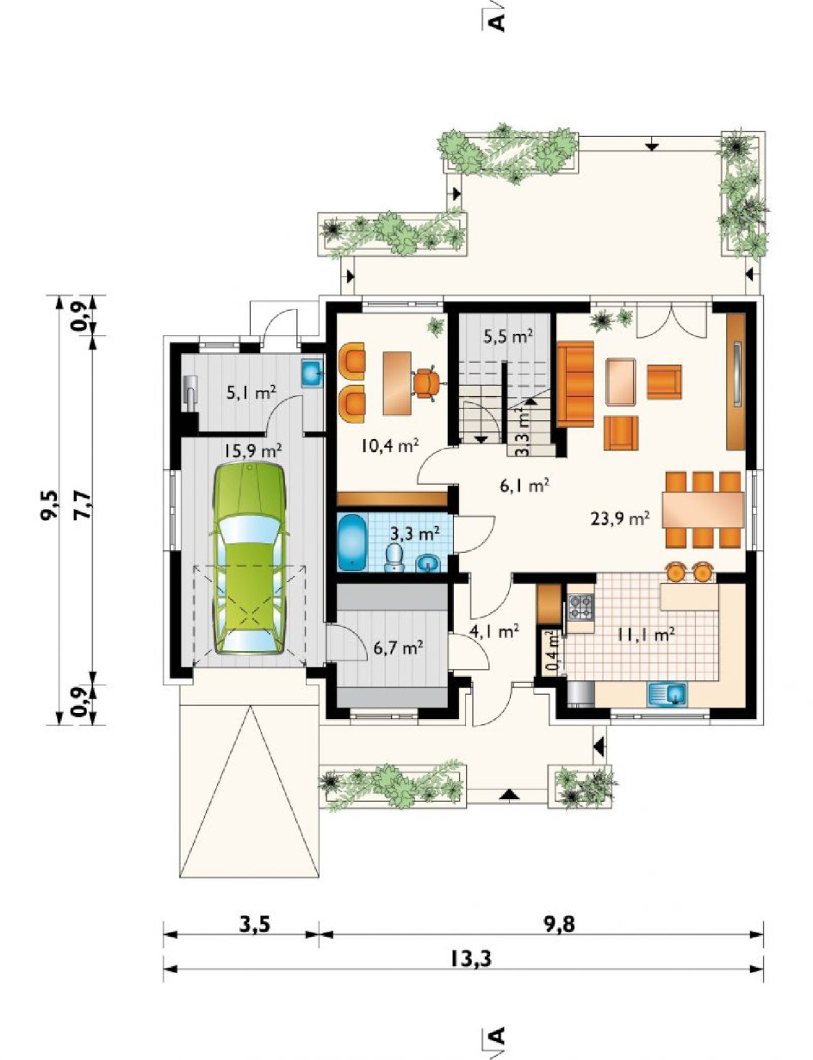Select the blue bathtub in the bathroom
[352, 542]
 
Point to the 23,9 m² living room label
[620, 518]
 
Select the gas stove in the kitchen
[580, 607]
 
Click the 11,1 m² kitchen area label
[646, 634]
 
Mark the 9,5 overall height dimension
[49, 505]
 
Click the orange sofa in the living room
[575, 384]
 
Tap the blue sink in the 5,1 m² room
[311, 373]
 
